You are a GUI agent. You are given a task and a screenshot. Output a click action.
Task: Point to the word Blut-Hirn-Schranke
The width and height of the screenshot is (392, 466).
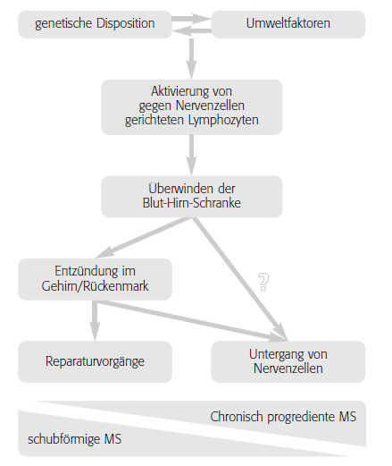pos(192,203)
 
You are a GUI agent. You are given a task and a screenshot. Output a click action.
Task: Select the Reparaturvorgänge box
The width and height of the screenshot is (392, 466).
pos(95,362)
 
